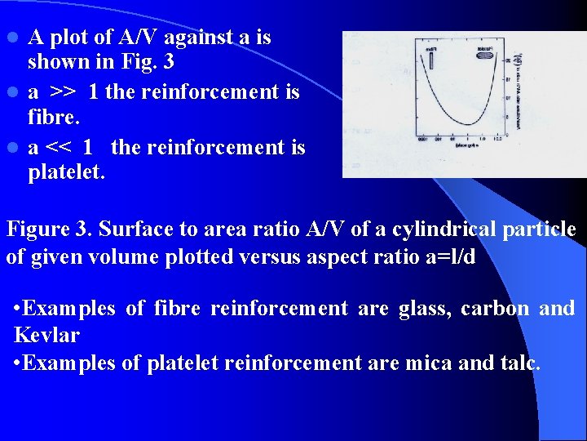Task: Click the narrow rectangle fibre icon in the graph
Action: (431, 60)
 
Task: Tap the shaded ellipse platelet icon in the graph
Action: (484, 56)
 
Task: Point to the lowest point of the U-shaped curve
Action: (468, 124)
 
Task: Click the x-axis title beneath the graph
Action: (467, 145)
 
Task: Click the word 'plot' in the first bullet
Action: (70, 37)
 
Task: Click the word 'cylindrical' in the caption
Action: (429, 229)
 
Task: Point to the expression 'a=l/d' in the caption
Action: (447, 257)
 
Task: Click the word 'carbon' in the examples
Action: (488, 308)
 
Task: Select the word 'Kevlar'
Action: (46, 336)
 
